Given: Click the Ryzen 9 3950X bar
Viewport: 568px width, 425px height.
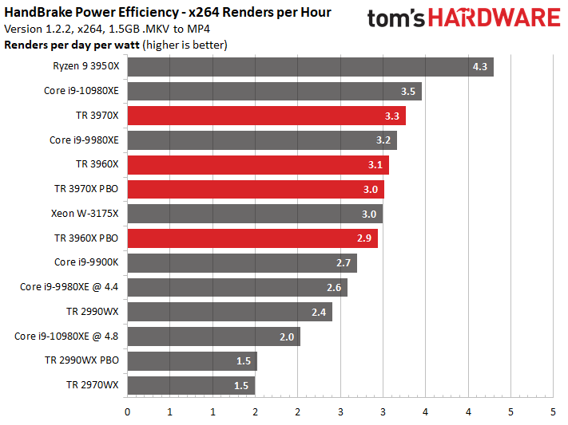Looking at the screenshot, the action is pyautogui.click(x=311, y=66).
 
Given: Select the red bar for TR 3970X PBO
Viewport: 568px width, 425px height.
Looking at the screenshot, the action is pyautogui.click(x=256, y=189).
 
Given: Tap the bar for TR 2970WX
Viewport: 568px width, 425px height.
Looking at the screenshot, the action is pyautogui.click(x=191, y=386).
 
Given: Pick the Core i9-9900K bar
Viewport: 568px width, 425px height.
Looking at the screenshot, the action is pyautogui.click(x=242, y=263).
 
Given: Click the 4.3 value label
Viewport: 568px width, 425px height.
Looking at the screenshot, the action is pyautogui.click(x=479, y=66).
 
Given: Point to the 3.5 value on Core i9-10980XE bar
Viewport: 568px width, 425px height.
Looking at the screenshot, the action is pyautogui.click(x=408, y=91).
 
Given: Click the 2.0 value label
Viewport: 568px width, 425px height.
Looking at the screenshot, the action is pyautogui.click(x=287, y=336).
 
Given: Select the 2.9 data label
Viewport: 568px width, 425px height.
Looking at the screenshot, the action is pyautogui.click(x=364, y=238).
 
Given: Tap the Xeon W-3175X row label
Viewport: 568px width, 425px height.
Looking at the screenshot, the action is pyautogui.click(x=85, y=214).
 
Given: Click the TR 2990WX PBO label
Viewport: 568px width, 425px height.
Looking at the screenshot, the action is pyautogui.click(x=81, y=360).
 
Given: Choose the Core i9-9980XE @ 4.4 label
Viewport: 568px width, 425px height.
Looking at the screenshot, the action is pyautogui.click(x=70, y=287).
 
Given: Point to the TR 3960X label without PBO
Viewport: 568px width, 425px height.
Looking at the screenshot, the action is pyautogui.click(x=97, y=164).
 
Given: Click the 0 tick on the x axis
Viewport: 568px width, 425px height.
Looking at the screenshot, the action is pyautogui.click(x=127, y=412).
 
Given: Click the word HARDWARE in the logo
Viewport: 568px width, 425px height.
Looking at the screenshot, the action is pyautogui.click(x=495, y=18).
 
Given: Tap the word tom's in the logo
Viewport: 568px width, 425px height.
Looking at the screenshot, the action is pyautogui.click(x=396, y=18).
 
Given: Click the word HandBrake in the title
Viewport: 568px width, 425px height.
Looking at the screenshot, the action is pyautogui.click(x=38, y=12).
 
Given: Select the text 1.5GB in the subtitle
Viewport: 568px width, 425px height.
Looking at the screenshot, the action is pyautogui.click(x=123, y=29).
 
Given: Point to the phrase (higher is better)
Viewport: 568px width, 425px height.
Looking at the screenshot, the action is pyautogui.click(x=185, y=45).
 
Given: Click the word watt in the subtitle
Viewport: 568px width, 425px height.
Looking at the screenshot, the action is pyautogui.click(x=127, y=45).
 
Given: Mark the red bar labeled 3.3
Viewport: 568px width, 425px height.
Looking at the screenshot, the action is pyautogui.click(x=267, y=116).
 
